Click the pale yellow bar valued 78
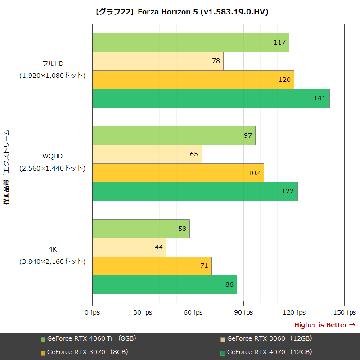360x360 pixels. coord(157,61)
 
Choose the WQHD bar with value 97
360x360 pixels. coord(174,135)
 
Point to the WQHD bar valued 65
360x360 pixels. coord(147,154)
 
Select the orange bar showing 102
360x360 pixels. coord(178,173)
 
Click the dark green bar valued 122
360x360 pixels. coord(195,191)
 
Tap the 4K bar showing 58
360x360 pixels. coord(141,229)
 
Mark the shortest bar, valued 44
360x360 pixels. coord(129,247)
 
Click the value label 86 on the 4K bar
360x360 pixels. coord(229,284)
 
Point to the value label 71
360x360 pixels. coord(204,266)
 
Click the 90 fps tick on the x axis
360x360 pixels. coord(243,312)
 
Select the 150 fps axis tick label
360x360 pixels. coord(344,312)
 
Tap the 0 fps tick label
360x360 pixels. coord(92,312)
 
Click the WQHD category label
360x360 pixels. coord(53,156)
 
